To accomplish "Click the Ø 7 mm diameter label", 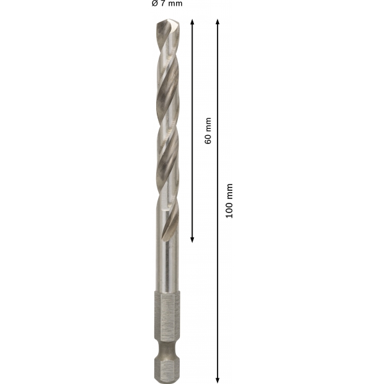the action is (x=167, y=3).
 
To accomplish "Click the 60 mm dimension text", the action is (x=207, y=131).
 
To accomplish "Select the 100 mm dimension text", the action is (x=229, y=201).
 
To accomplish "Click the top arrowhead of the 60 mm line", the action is (x=192, y=22).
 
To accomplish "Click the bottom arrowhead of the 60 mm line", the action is (x=192, y=240).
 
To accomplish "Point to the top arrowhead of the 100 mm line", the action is (x=218, y=22).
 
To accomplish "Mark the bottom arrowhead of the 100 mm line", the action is (x=218, y=380).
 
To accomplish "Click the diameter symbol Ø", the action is (x=154, y=3).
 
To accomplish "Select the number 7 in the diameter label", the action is (x=163, y=3).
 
